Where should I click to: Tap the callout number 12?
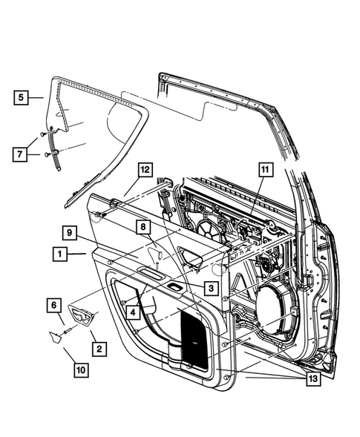tap(145, 170)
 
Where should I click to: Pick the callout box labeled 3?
tap(211, 288)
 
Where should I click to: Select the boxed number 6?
tap(54, 304)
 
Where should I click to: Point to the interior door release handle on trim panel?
tap(192, 259)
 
